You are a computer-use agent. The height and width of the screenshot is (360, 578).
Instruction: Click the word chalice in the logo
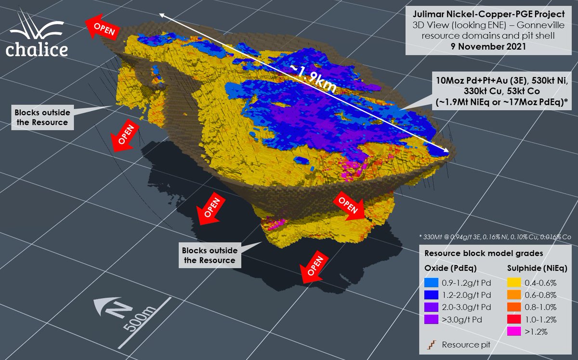pyautogui.click(x=37, y=49)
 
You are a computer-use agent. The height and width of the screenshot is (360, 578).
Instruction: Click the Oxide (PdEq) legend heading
pyautogui.click(x=446, y=267)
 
